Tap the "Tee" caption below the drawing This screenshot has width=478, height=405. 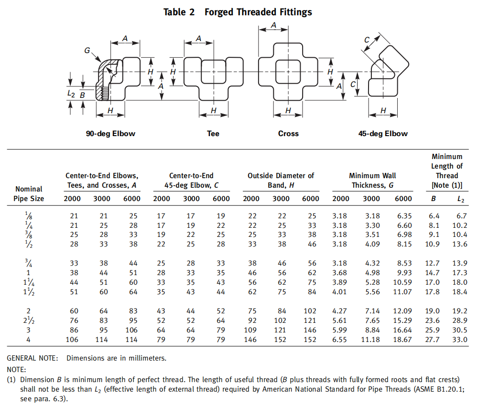(213, 134)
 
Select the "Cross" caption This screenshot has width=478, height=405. (288, 134)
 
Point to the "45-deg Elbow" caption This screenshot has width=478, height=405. (383, 134)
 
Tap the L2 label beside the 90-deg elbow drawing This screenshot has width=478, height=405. (71, 94)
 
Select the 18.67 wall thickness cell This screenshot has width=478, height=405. (402, 340)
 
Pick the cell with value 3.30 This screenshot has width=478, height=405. (371, 225)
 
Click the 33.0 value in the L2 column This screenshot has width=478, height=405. (459, 340)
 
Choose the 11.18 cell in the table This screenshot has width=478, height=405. (371, 340)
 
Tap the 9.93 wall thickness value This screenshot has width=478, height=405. (402, 273)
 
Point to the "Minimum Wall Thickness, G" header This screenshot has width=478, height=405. (372, 180)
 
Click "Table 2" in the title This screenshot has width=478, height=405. (179, 12)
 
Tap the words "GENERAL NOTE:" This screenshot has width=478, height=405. (32, 358)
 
